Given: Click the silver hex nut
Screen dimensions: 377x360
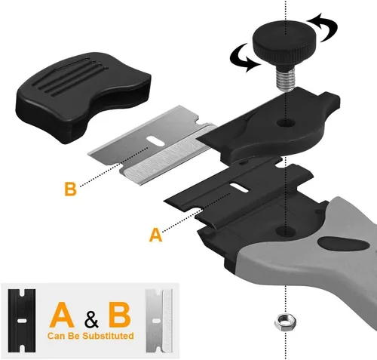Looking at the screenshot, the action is click(285, 322).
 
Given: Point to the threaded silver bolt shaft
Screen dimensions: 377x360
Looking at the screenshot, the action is click(285, 77).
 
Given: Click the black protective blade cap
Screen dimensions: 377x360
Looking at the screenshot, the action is click(84, 97).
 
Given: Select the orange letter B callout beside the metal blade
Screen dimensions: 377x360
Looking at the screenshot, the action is click(70, 189).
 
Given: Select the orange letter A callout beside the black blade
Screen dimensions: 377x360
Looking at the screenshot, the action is click(156, 235).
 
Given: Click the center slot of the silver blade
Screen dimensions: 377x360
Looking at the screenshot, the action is click(156, 141).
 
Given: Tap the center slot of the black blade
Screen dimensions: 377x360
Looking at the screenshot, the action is click(240, 188).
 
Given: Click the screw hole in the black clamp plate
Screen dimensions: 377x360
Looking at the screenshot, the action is click(286, 123).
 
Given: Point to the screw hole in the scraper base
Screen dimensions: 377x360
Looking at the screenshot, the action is click(285, 230).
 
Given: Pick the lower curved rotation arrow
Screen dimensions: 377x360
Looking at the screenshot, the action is click(244, 58).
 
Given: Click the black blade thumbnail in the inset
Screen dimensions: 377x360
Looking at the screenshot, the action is click(22, 321).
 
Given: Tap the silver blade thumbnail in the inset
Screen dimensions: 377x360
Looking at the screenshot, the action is click(159, 321).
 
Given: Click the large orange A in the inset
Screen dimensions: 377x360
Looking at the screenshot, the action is click(62, 315).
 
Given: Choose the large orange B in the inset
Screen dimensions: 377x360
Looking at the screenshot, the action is click(120, 315).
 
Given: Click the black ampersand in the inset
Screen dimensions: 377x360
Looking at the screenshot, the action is click(91, 318).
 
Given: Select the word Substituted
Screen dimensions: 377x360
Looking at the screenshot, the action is click(108, 336).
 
